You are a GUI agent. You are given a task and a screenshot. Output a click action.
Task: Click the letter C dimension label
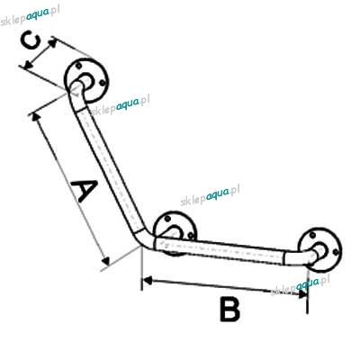tap(31, 41)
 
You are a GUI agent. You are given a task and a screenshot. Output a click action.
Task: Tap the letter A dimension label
tap(84, 190)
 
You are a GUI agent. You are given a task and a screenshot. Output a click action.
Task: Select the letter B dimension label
tap(229, 309)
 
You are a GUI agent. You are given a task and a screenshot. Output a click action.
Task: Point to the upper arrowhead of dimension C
tap(52, 42)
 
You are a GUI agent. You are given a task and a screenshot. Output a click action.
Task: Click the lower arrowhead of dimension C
tap(29, 64)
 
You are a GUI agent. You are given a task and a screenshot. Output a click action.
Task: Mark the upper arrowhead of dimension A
tap(36, 117)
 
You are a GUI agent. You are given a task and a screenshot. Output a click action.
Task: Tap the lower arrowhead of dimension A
tap(105, 261)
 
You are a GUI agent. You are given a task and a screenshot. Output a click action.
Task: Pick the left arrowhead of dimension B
tap(148, 281)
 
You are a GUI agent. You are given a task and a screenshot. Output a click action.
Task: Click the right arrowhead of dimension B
tap(302, 293)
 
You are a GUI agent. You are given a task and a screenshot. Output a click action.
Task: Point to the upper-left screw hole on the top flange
tap(78, 65)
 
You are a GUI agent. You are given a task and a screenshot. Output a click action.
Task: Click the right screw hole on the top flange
tap(102, 82)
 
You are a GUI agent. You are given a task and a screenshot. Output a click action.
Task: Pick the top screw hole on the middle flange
tap(167, 219)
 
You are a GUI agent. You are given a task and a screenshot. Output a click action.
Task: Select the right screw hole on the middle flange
tap(191, 236)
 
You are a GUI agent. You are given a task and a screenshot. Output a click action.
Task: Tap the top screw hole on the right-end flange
tap(313, 235)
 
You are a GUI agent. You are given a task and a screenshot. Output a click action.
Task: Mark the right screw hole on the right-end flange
tap(337, 251)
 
